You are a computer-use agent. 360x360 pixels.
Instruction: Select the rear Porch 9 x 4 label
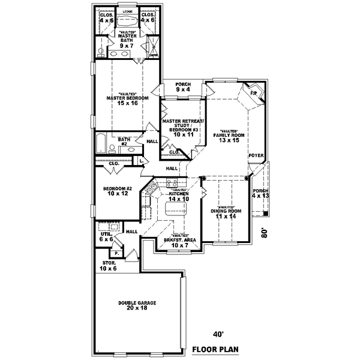click(x=183, y=87)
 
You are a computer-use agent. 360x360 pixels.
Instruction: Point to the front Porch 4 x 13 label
click(x=261, y=193)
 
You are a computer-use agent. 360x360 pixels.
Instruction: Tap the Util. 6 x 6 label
click(x=106, y=236)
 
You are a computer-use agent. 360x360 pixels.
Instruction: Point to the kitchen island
click(x=179, y=210)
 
